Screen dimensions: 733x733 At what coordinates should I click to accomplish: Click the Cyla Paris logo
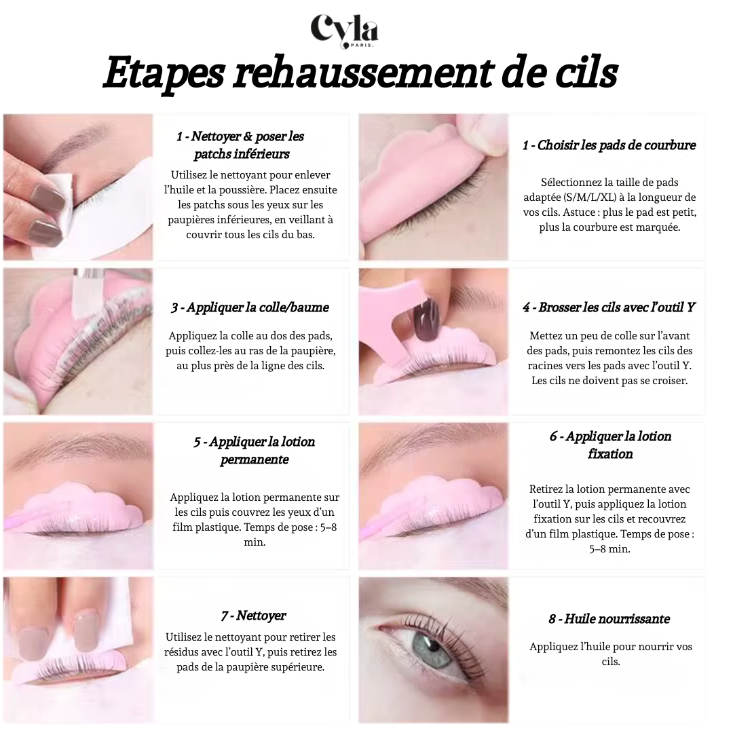344,31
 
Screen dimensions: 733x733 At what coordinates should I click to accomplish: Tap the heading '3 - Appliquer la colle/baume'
250,307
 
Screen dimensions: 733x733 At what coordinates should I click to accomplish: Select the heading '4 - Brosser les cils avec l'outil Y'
609,307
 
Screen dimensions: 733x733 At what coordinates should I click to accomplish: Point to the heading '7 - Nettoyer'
253,616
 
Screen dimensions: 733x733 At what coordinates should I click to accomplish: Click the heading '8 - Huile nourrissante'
609,619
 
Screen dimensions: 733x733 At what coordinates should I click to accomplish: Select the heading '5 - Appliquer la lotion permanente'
255,451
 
